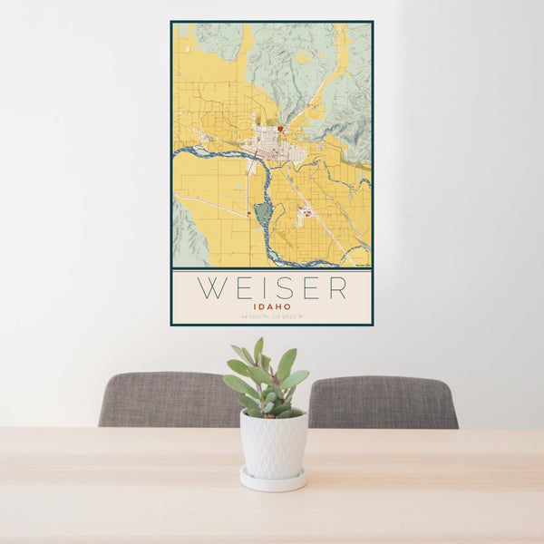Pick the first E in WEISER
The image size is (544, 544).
(x=240, y=288)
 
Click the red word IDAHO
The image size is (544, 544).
(x=271, y=306)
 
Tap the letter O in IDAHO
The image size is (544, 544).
(x=287, y=306)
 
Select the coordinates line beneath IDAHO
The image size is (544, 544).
(x=271, y=316)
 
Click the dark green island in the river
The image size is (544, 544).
(x=263, y=215)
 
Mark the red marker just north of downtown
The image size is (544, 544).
(x=280, y=129)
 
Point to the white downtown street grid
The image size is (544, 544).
(x=270, y=145)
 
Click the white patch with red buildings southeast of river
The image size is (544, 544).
(x=304, y=214)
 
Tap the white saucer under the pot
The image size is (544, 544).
(x=273, y=480)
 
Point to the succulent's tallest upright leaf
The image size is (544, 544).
(x=258, y=352)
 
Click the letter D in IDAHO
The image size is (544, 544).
(x=262, y=306)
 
